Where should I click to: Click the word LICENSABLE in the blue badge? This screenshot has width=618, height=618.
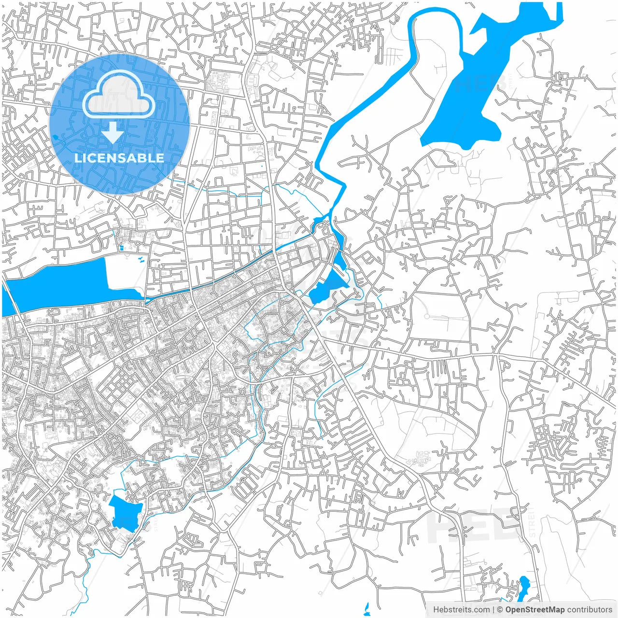119,158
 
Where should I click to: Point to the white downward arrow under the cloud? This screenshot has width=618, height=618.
112,133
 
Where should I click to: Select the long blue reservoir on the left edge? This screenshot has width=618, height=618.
58,285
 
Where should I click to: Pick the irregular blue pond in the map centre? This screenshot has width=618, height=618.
328,287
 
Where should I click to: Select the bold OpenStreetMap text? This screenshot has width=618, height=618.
535,610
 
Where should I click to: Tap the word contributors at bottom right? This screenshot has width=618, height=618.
590,610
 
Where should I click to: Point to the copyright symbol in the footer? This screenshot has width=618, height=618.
500,610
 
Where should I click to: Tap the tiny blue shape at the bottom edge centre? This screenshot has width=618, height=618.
366,608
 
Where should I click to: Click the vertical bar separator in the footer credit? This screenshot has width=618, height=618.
493,610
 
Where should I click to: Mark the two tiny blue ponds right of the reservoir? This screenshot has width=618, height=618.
141,260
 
